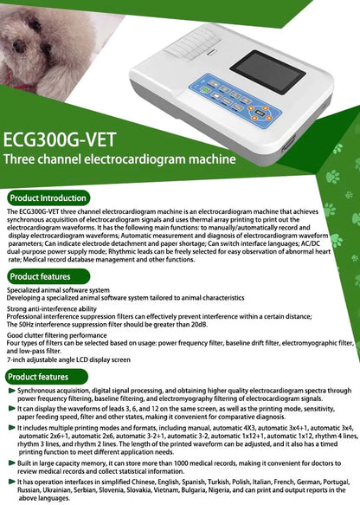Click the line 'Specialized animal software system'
pyautogui.click(x=58, y=290)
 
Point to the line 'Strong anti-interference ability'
pyautogui.click(x=51, y=308)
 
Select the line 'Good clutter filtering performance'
pyautogui.click(x=57, y=334)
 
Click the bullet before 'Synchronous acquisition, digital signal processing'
pyautogui.click(x=11, y=392)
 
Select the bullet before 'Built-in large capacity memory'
pyautogui.click(x=11, y=464)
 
